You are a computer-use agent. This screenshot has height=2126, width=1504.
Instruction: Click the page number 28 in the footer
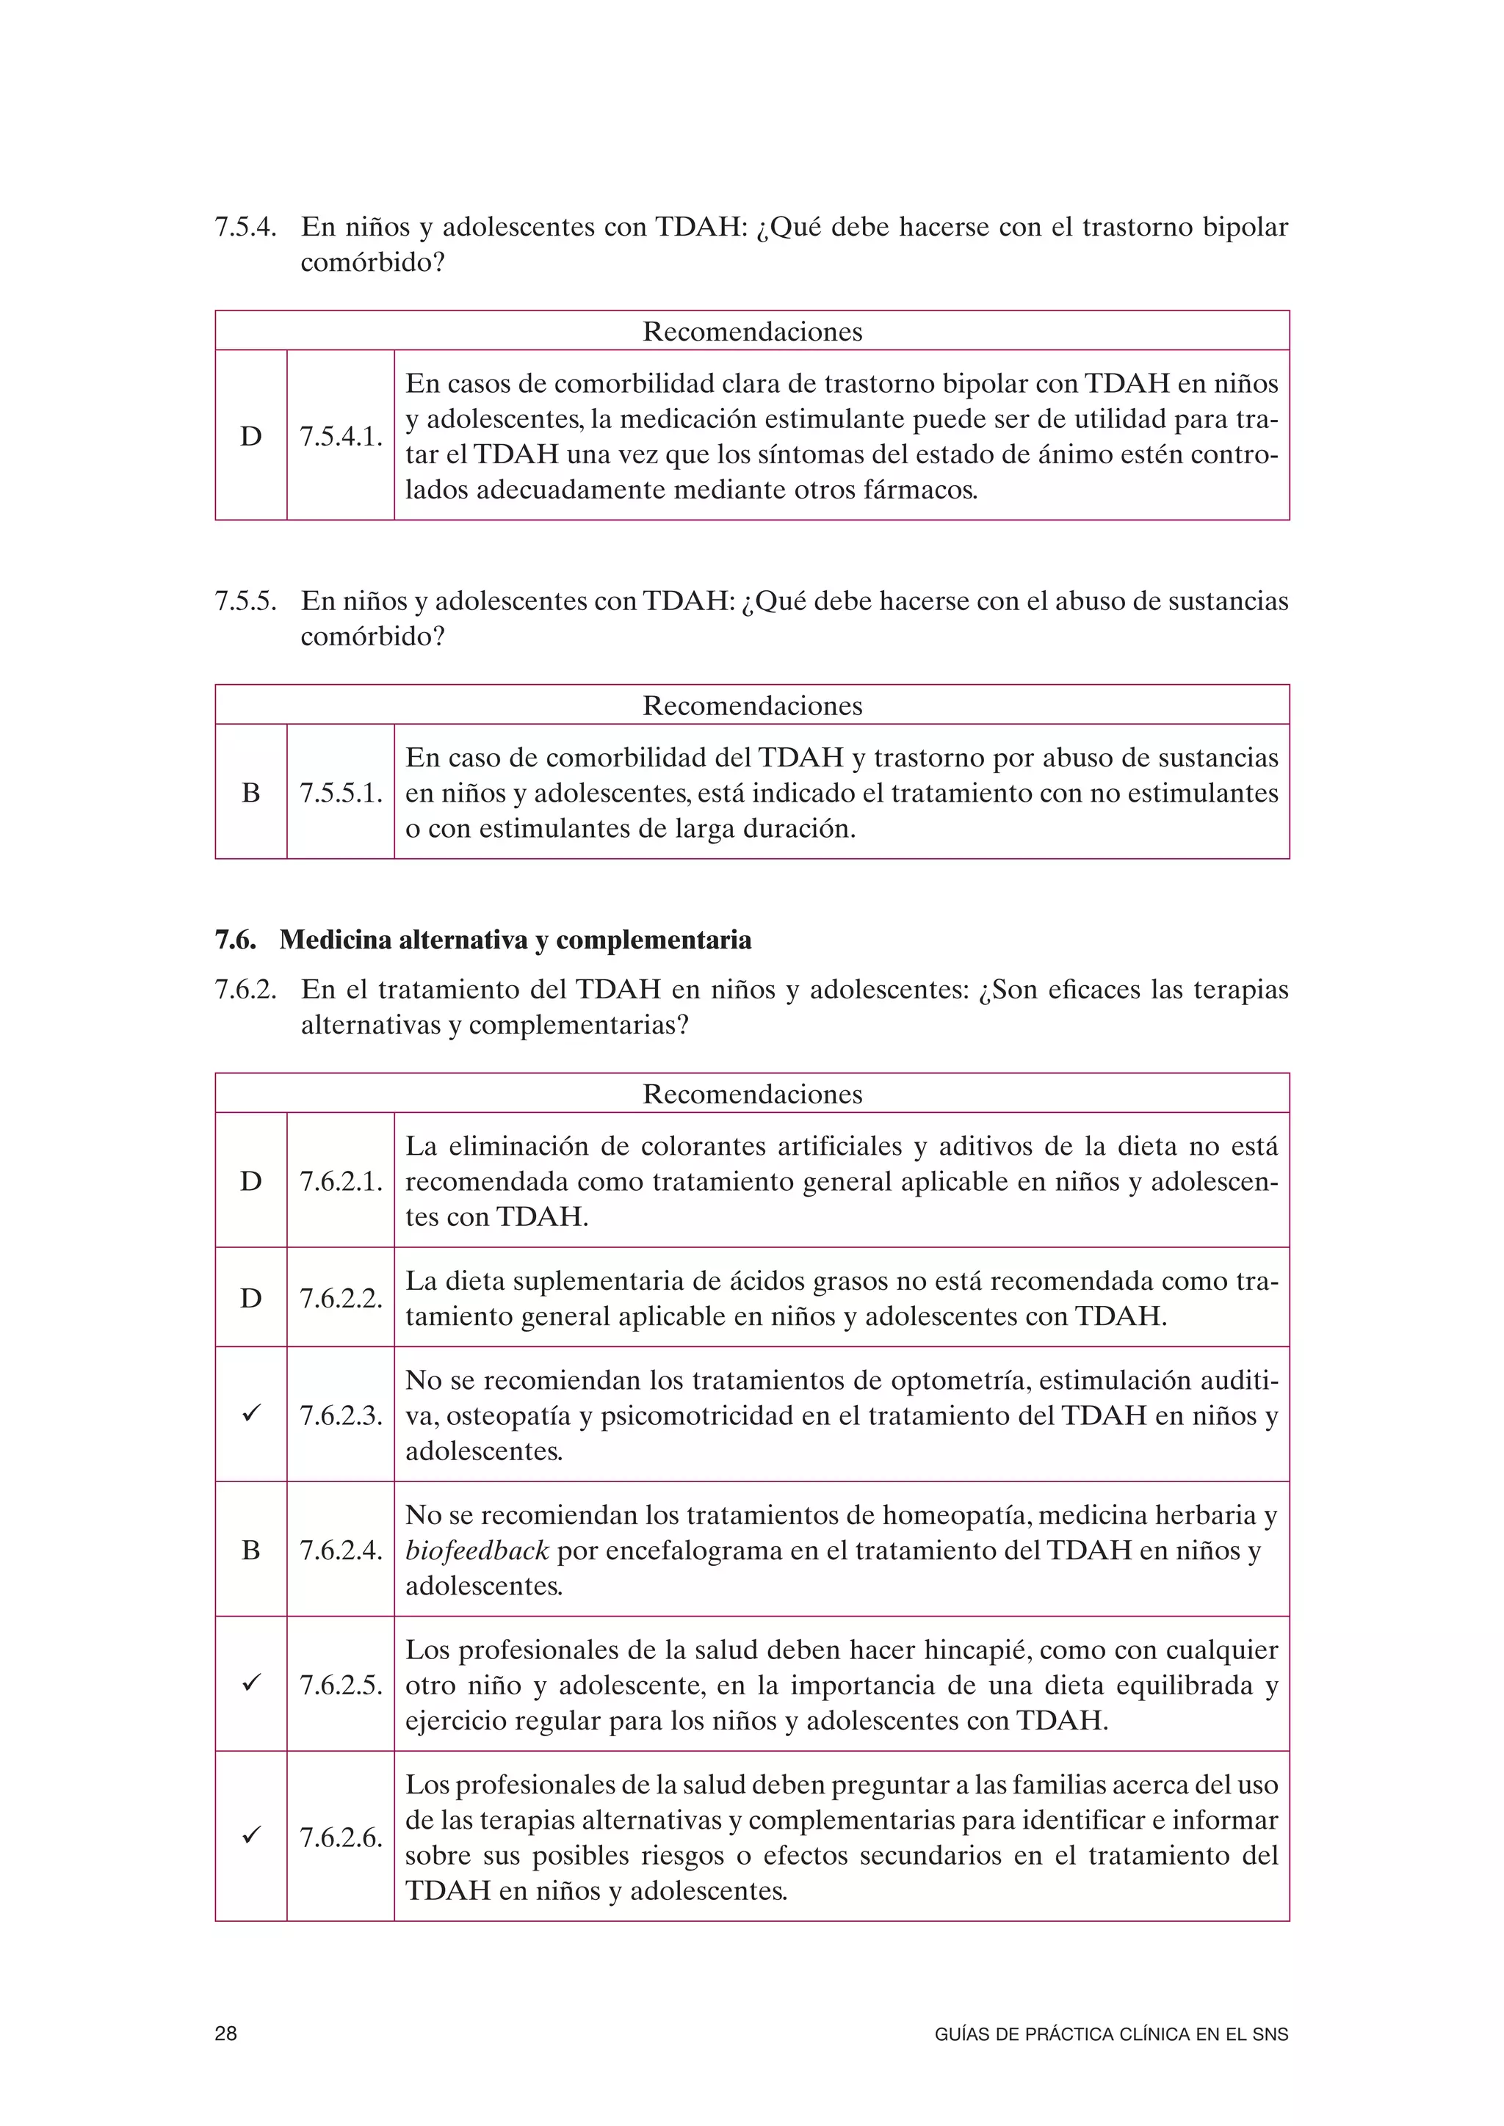226,2034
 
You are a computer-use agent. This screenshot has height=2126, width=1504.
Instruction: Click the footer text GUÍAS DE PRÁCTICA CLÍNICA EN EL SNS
1111,2034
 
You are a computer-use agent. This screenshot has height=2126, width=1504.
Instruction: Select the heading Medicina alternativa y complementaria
515,940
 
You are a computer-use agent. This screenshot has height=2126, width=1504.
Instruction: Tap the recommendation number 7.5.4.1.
341,436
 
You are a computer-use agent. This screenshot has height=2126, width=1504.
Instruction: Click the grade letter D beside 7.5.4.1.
251,436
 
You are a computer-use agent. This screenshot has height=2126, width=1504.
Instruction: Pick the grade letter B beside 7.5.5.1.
251,793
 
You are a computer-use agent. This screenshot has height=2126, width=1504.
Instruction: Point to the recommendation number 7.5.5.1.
341,793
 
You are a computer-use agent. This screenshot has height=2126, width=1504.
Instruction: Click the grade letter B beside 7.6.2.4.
251,1550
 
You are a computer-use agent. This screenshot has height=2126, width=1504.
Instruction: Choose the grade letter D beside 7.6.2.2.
251,1297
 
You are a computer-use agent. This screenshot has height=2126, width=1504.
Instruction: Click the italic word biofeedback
477,1550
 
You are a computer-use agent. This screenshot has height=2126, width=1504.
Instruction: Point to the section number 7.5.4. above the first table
245,227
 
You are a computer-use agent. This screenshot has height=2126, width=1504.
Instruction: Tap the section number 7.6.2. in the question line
245,990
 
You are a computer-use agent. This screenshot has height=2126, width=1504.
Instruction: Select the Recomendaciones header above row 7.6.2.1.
752,1094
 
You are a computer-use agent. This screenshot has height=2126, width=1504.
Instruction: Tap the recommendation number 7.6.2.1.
341,1180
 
